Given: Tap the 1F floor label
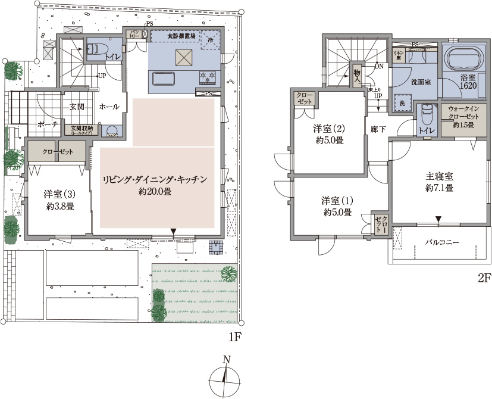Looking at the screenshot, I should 234,337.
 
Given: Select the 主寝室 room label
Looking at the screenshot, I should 440,177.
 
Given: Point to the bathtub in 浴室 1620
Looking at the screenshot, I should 465,60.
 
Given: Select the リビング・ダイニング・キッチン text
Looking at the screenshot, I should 155,179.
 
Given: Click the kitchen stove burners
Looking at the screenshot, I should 208,76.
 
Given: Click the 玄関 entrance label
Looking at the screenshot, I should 77,107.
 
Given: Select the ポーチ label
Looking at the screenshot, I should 47,126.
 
